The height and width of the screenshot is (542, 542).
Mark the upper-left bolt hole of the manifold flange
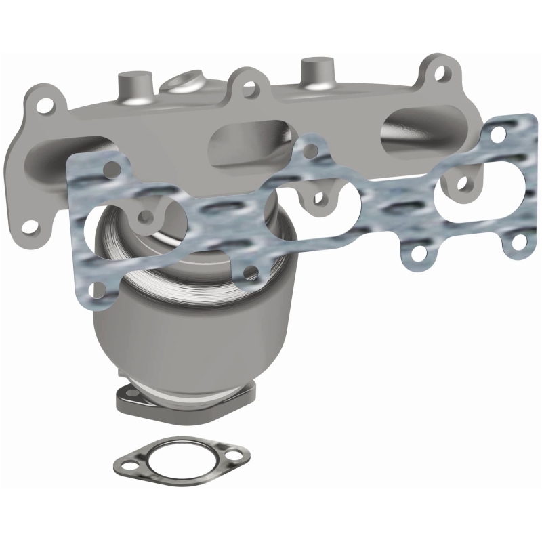45,106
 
